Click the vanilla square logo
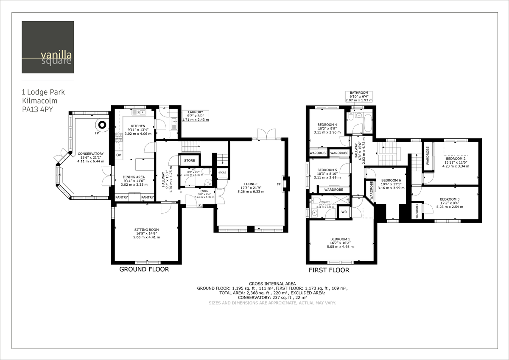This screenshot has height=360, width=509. (x=48, y=47)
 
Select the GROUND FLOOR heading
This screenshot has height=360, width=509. (x=144, y=269)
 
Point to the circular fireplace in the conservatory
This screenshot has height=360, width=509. (x=102, y=125)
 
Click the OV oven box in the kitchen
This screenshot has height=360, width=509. (x=119, y=155)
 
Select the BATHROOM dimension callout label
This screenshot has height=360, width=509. (x=359, y=97)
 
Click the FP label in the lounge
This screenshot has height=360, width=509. (x=278, y=184)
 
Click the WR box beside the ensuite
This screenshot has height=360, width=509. (x=344, y=212)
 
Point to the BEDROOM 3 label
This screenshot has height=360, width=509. (x=450, y=199)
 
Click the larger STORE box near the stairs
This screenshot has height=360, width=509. (x=190, y=161)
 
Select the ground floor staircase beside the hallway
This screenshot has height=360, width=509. (x=190, y=147)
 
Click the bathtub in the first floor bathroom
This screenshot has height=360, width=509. (x=367, y=122)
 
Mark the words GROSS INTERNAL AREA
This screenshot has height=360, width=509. (x=272, y=283)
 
